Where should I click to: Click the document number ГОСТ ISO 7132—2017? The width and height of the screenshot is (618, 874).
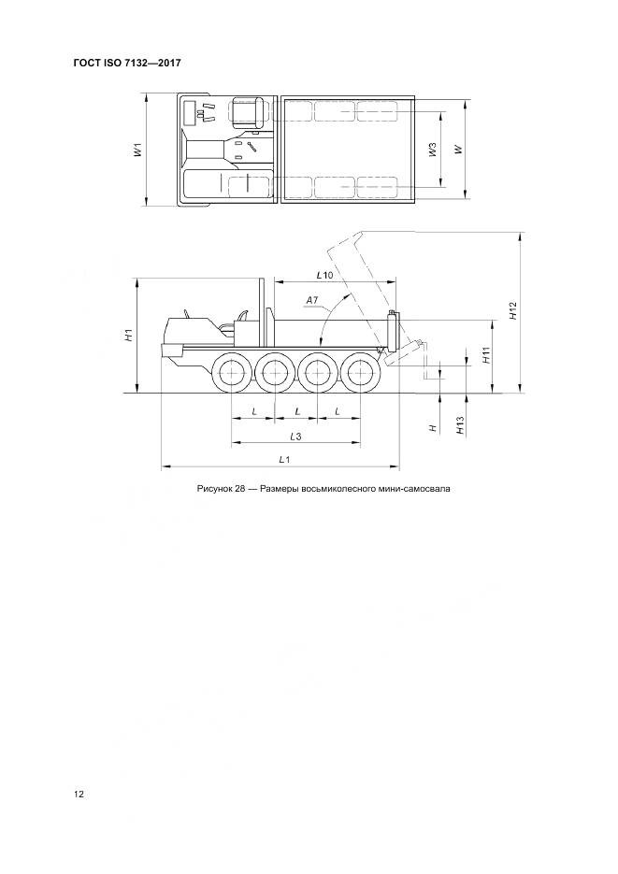[126, 63]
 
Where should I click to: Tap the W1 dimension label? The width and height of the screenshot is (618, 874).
[137, 150]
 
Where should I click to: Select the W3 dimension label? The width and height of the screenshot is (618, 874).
[432, 150]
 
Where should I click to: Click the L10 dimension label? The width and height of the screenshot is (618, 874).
[324, 275]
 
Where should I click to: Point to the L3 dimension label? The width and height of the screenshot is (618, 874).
[295, 437]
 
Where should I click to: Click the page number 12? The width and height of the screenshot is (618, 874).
[79, 795]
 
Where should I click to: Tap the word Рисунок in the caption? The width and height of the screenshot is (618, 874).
[216, 488]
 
